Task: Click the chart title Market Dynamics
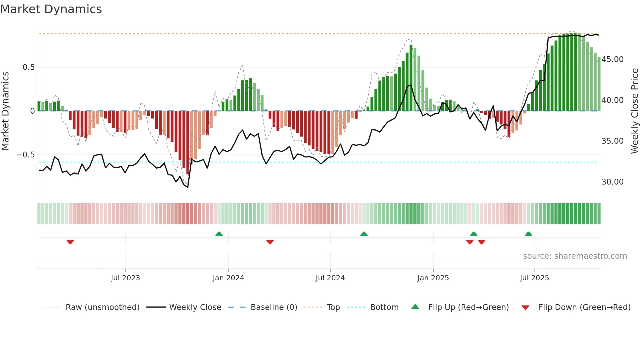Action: tap(51, 9)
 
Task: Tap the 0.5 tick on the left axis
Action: tap(28, 67)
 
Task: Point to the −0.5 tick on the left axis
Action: tap(26, 155)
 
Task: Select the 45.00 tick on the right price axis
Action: tap(612, 59)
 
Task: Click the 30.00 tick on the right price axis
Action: tap(612, 182)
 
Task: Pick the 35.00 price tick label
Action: tap(612, 141)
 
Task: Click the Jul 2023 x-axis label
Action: tap(125, 278)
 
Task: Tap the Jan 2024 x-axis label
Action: tap(228, 278)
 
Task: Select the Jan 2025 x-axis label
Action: tap(433, 278)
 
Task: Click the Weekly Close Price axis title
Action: tap(634, 111)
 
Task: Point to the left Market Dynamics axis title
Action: tap(5, 111)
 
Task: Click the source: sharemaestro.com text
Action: tap(575, 256)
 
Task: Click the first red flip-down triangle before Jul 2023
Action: tap(70, 242)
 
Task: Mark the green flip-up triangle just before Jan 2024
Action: tap(219, 234)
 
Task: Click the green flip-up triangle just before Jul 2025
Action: tap(528, 234)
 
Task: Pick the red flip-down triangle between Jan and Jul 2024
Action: tap(270, 242)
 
